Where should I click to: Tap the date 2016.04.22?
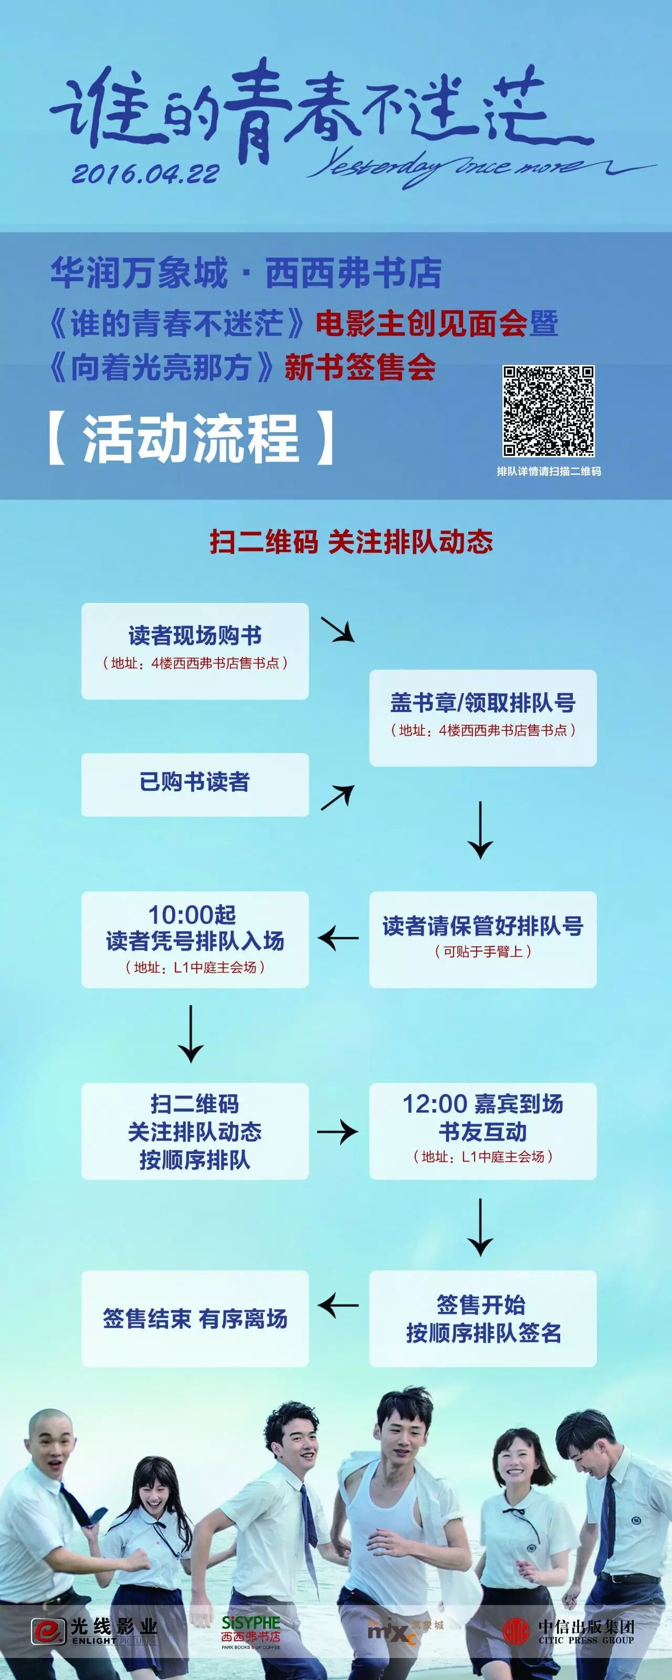point(145,173)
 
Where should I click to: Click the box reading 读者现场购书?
point(195,651)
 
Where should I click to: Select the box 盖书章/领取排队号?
point(482,717)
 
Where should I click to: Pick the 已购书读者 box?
point(195,784)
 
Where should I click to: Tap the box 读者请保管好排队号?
point(482,939)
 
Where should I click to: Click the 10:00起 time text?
point(192,914)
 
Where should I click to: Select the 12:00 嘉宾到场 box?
point(482,1131)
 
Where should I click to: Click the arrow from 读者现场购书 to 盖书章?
point(338,629)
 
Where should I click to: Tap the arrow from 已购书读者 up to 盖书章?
point(338,797)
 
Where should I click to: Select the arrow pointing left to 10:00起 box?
point(338,938)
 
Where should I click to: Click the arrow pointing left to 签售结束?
point(338,1305)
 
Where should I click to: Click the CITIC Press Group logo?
point(568,1631)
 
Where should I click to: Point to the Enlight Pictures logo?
point(95,1631)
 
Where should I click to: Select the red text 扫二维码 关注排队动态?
point(351,541)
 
